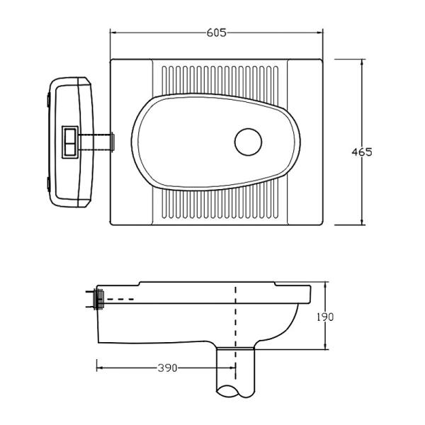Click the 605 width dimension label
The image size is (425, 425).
(216, 33)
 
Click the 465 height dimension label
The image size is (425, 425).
(362, 152)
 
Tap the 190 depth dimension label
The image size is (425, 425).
(325, 317)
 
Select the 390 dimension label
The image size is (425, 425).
(167, 368)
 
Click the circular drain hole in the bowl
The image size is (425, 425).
(249, 142)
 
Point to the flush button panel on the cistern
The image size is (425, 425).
(70, 142)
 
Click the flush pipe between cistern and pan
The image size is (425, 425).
(95, 142)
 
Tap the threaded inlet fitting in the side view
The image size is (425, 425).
(99, 299)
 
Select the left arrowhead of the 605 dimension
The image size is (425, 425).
(113, 33)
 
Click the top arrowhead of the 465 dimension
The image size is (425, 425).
(362, 62)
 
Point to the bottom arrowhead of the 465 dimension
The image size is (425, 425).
(362, 222)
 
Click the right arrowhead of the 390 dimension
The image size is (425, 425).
(232, 368)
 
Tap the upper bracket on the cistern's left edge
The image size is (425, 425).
(48, 99)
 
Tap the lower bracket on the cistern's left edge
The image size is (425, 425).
(48, 184)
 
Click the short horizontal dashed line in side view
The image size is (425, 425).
(120, 299)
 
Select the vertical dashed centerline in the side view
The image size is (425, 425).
(236, 333)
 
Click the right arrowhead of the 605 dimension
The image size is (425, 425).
(320, 33)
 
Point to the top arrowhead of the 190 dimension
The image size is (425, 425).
(326, 285)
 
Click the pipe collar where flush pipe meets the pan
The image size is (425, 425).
(112, 142)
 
